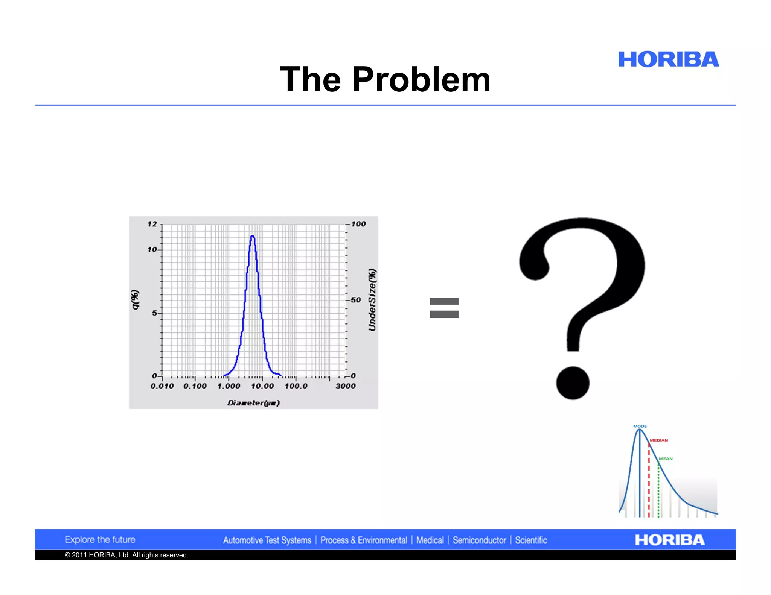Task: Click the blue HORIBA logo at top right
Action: tap(668, 59)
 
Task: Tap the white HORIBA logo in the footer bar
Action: tap(669, 540)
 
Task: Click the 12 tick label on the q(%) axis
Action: tap(152, 224)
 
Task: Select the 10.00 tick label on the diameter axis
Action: tap(262, 386)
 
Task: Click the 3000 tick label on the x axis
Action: tap(345, 386)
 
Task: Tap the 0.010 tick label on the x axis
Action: tap(162, 386)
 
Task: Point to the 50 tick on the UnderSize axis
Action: tap(355, 300)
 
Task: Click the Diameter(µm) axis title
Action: tap(253, 403)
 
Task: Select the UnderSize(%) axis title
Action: tap(372, 300)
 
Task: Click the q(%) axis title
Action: tap(135, 300)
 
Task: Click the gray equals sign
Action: tap(444, 308)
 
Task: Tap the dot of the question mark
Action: tap(573, 383)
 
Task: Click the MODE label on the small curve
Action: tap(640, 426)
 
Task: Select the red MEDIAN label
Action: tap(658, 440)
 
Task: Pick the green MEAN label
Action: tap(665, 458)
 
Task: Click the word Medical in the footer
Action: tap(430, 540)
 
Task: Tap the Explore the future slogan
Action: tap(100, 539)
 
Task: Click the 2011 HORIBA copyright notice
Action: tap(126, 555)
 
